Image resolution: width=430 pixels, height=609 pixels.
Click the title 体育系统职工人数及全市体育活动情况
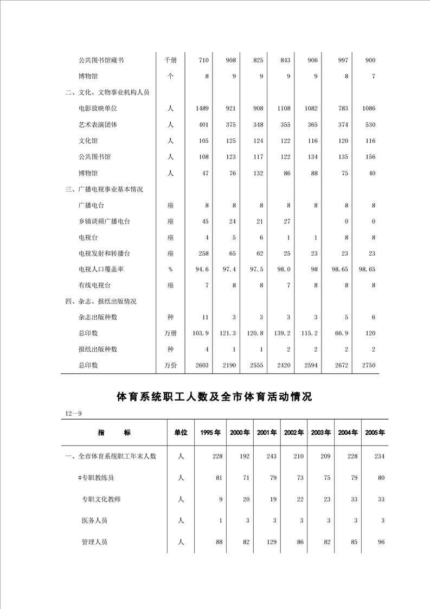point(215,397)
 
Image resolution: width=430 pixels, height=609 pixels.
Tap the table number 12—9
point(73,414)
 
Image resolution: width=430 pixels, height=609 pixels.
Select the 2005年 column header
point(375,433)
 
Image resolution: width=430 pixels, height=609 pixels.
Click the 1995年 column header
point(210,433)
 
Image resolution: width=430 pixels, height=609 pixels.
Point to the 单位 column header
point(181,433)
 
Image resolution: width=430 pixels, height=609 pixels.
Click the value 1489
point(202,109)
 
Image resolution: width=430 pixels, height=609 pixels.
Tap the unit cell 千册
point(170,61)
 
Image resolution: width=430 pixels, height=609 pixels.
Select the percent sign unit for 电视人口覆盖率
point(170,270)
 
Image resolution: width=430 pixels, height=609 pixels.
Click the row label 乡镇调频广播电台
point(104,221)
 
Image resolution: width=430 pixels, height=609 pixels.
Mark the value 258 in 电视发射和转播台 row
point(203,253)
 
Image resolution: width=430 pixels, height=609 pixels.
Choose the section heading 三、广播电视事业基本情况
point(104,189)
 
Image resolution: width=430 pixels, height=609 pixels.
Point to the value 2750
point(368,365)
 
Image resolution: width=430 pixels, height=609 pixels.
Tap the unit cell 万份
point(170,365)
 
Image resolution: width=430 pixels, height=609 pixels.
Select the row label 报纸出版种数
point(98,350)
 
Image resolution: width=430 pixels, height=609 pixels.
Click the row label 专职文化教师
point(101,499)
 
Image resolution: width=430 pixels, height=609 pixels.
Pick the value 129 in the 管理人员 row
point(271,542)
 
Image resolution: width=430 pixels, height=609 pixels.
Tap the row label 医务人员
point(94,521)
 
